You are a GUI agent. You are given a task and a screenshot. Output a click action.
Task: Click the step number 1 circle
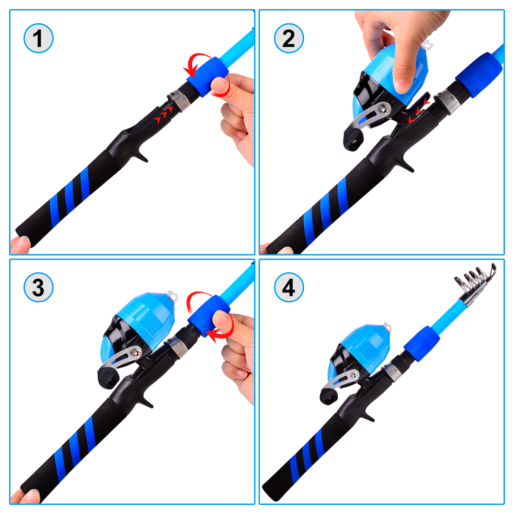pos(38,38)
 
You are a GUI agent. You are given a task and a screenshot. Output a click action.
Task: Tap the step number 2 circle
pos(289,38)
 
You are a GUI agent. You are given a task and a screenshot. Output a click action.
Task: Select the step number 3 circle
pos(38,288)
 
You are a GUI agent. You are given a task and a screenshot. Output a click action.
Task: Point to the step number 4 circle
pos(289,288)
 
